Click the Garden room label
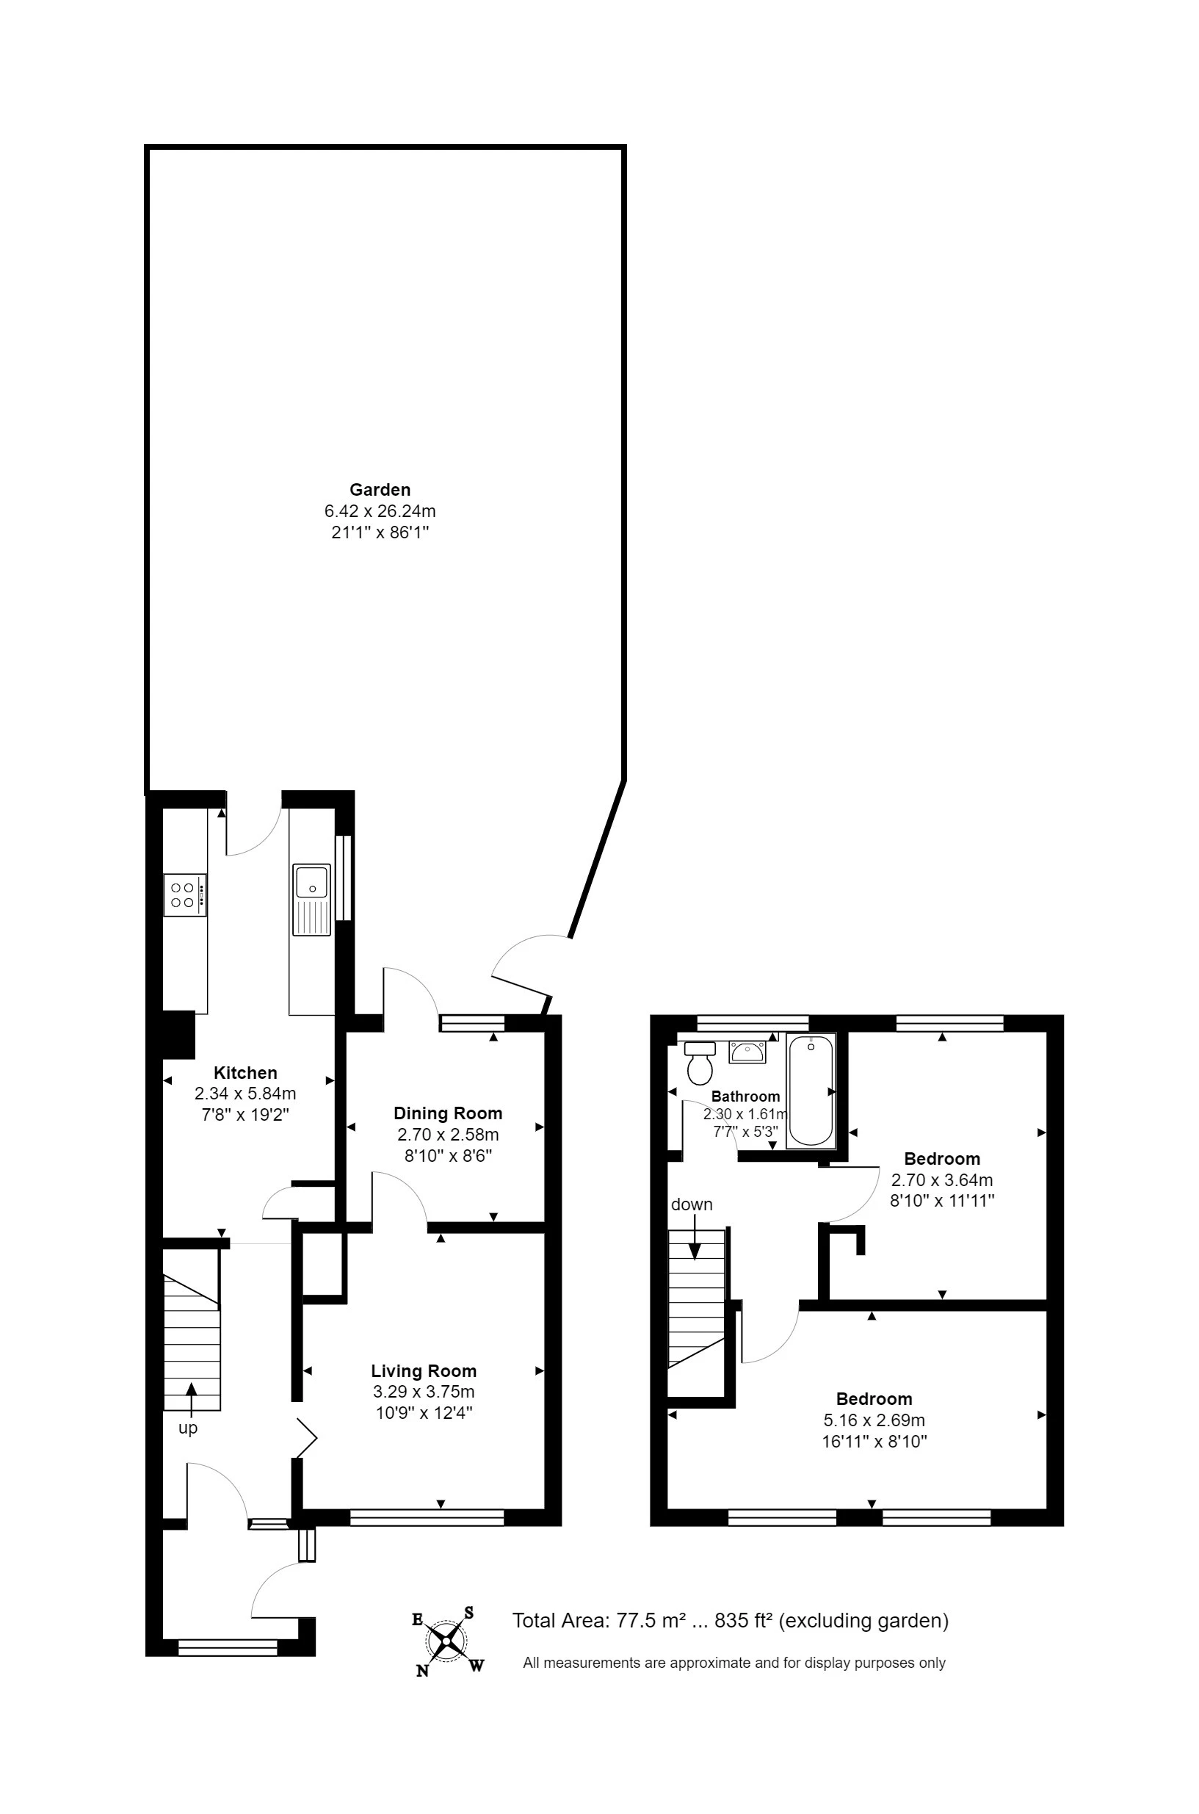(380, 489)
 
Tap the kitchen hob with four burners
(185, 895)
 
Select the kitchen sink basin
(311, 881)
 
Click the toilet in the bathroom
(700, 1063)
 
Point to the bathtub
(811, 1091)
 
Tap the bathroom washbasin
(748, 1052)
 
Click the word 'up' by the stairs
(187, 1428)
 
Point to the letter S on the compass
(468, 1613)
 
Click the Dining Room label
(448, 1113)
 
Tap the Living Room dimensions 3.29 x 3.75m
(424, 1392)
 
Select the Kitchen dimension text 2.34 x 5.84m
(245, 1094)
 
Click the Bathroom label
(745, 1096)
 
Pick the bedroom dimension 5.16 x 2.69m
(874, 1420)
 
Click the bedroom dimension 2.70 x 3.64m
(942, 1180)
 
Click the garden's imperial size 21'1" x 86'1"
(380, 532)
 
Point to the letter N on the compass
(422, 1671)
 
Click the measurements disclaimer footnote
(734, 1663)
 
